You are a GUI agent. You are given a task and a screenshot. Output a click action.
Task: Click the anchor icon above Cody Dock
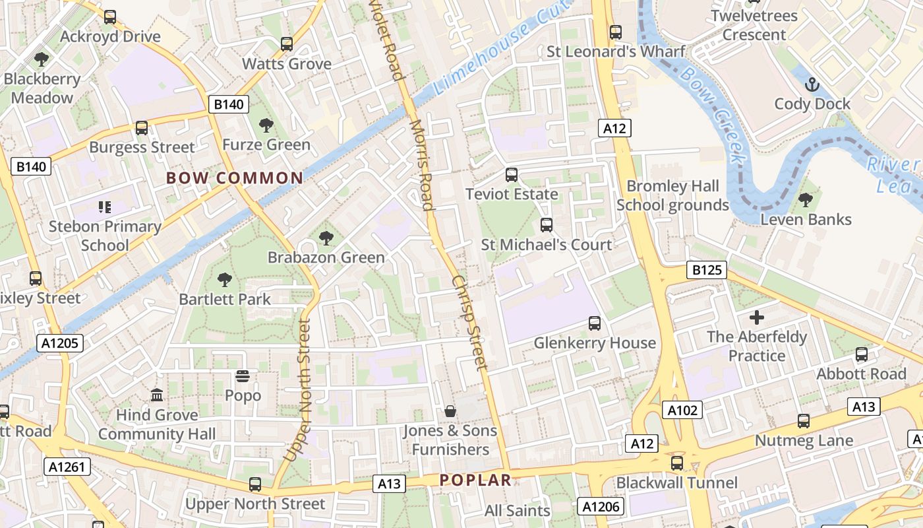812,84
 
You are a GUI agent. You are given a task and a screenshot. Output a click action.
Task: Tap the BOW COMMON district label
235,178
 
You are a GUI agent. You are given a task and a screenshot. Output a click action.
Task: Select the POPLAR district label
475,480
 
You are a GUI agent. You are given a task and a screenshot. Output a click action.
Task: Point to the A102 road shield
682,411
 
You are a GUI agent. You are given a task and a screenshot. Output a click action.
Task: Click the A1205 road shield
59,343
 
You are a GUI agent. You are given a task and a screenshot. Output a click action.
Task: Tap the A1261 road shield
67,467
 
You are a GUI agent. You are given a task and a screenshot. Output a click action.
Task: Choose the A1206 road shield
601,506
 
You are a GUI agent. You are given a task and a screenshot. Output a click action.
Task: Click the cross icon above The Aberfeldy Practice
756,317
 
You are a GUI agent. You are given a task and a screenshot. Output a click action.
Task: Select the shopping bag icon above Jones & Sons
450,412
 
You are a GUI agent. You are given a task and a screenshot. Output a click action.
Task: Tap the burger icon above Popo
243,376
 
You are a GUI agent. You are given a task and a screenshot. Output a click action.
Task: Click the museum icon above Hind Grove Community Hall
157,395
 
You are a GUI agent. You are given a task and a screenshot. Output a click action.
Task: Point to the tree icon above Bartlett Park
225,280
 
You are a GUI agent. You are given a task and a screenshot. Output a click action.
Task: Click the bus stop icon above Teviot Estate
512,175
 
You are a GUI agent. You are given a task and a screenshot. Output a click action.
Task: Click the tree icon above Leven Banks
806,200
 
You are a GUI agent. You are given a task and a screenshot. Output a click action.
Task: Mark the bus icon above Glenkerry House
595,323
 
